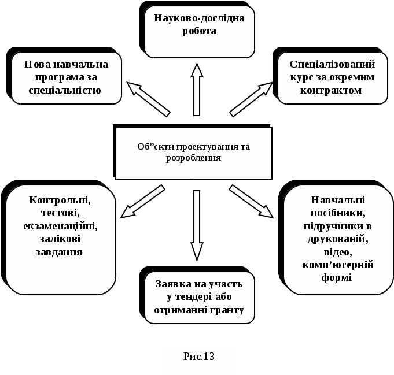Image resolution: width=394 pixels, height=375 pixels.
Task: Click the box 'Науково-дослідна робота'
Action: (x=200, y=31)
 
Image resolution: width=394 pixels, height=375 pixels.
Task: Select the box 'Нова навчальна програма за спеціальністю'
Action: (x=66, y=77)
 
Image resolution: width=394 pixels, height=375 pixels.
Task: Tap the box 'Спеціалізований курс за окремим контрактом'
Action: (x=332, y=77)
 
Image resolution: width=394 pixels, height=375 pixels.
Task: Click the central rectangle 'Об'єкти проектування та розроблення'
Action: (x=194, y=153)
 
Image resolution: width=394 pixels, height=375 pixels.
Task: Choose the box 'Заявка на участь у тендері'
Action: (x=198, y=297)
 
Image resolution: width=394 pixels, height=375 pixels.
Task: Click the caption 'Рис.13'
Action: (x=199, y=357)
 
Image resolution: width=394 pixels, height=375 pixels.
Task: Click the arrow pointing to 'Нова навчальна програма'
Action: (x=148, y=99)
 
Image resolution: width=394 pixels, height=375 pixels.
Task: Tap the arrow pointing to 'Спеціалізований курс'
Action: (x=251, y=99)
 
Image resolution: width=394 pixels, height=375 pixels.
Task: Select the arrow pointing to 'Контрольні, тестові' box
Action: (x=142, y=201)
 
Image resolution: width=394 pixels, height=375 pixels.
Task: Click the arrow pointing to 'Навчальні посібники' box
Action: (x=251, y=201)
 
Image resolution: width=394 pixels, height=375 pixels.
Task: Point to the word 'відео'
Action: (x=338, y=252)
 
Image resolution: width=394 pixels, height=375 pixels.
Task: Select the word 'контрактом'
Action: (x=332, y=90)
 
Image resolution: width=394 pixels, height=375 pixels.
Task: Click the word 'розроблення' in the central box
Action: (x=193, y=158)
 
